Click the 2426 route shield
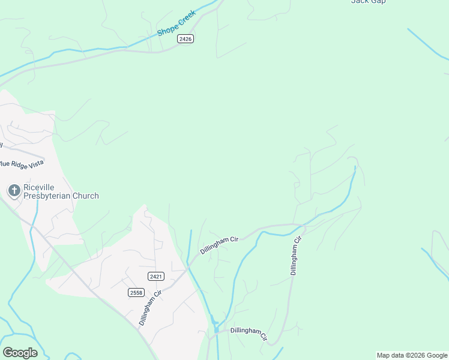pos(185,38)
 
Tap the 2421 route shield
pos(155,275)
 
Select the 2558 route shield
pos(136,292)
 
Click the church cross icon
pos(14,191)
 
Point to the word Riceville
pos(40,187)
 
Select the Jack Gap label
pos(368,2)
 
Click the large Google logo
pos(20,352)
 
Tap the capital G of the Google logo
pos(8,352)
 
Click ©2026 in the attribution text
pos(415,355)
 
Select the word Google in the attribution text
pos(437,355)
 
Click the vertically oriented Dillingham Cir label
pos(295,256)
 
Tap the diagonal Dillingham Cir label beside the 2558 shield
pos(150,308)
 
